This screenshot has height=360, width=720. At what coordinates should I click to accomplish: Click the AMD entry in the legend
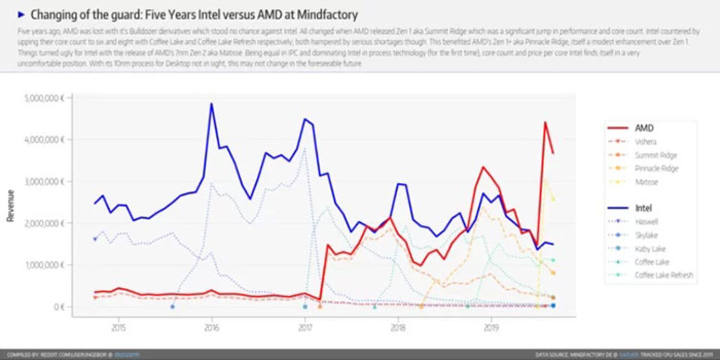(x=644, y=128)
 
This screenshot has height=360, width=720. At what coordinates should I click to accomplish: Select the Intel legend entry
(x=643, y=208)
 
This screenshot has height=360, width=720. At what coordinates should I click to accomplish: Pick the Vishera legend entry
(x=645, y=142)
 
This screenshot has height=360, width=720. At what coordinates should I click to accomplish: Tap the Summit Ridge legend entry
(x=655, y=155)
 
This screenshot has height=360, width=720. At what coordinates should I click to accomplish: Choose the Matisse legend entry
(x=646, y=182)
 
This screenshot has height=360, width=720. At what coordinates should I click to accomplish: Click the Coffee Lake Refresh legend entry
(x=663, y=275)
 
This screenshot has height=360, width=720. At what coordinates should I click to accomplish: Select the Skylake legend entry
(x=646, y=235)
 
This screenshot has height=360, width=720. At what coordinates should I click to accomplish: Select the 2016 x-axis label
(x=211, y=328)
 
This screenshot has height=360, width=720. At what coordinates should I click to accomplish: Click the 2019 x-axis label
(x=491, y=328)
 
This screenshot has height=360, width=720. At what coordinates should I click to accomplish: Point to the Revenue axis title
(x=10, y=205)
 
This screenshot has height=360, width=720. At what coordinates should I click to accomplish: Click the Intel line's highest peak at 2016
(x=211, y=104)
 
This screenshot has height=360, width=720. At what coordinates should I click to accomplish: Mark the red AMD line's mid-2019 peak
(x=545, y=122)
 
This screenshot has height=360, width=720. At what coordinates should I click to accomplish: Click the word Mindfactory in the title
(x=327, y=15)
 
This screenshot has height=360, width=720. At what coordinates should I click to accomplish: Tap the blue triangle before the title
(x=21, y=15)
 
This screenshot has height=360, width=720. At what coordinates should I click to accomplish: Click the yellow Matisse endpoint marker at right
(x=553, y=199)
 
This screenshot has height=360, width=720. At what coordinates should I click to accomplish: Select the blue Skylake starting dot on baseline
(x=172, y=307)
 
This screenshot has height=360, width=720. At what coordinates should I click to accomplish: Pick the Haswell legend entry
(x=646, y=222)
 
